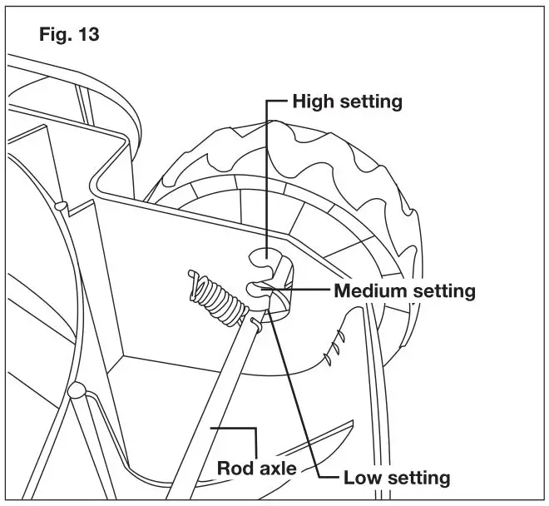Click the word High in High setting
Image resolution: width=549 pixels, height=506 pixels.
[x=314, y=102]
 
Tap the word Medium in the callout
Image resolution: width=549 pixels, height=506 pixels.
[x=369, y=291]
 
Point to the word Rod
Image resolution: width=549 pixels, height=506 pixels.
[x=235, y=468]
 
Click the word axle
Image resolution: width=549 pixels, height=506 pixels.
[x=275, y=468]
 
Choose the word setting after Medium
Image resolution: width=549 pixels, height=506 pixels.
[x=442, y=291]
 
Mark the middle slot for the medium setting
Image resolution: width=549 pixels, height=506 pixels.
[x=258, y=289]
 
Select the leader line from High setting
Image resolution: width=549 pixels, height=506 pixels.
[x=266, y=166]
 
